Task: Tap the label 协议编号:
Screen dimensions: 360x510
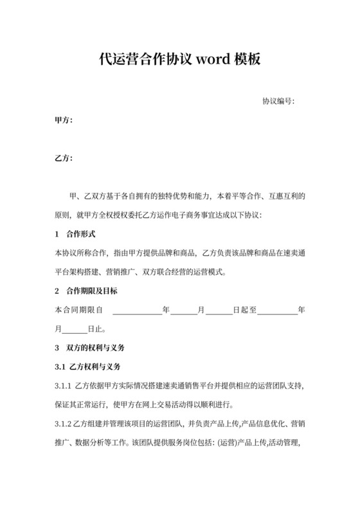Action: point(278,102)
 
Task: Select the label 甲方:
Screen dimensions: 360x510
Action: point(64,120)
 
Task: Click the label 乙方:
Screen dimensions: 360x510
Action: point(64,158)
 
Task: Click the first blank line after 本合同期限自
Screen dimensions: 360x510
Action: point(138,310)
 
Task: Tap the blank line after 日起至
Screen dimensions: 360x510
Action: point(277,310)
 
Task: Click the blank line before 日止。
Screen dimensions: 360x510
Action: point(75,329)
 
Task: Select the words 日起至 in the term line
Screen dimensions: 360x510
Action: point(244,309)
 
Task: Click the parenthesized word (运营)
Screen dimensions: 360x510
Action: point(230,443)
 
